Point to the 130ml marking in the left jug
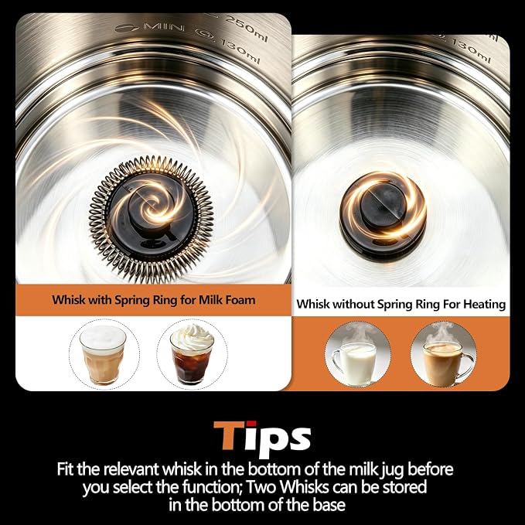[x=237, y=50]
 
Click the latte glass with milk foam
[x=103, y=355]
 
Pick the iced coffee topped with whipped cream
[x=192, y=354]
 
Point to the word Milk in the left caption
[x=207, y=300]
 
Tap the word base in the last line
[x=329, y=505]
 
